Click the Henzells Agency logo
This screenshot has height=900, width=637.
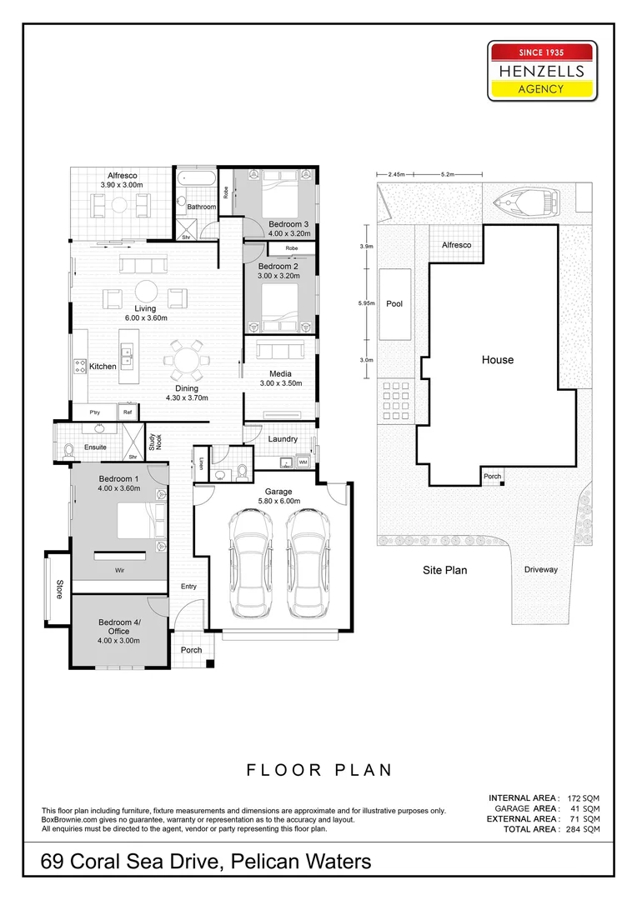[542, 71]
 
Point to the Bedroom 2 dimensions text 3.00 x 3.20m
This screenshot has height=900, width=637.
[279, 275]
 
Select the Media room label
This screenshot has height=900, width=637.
[279, 373]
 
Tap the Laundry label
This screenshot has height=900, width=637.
[283, 439]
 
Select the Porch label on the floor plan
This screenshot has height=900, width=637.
[191, 650]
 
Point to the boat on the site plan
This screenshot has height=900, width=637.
[526, 202]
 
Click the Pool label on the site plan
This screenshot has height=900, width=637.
[394, 304]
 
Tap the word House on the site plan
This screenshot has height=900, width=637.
[497, 360]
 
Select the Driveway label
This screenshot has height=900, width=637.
[541, 570]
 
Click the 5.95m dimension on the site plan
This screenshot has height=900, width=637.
[365, 303]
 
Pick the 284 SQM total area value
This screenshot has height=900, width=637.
[582, 829]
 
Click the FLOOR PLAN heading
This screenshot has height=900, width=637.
[319, 770]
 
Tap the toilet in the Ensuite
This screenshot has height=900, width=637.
[69, 451]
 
